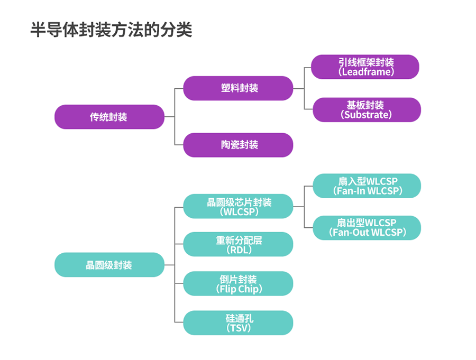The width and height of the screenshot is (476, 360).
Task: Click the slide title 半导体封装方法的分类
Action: pyautogui.click(x=111, y=30)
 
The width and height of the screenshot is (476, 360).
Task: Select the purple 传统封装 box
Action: pyautogui.click(x=109, y=117)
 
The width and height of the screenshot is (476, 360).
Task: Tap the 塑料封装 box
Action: pyautogui.click(x=238, y=88)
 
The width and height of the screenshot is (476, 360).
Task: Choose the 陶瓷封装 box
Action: pyautogui.click(x=238, y=145)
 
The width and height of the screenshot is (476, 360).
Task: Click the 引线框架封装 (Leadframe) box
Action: pyautogui.click(x=365, y=67)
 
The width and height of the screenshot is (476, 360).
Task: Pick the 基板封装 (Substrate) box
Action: pyautogui.click(x=367, y=110)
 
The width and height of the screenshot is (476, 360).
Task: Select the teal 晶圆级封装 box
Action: pyautogui.click(x=109, y=265)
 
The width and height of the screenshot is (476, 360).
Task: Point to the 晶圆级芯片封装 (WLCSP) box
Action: pyautogui.click(x=238, y=206)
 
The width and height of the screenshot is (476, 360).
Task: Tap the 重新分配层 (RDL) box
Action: pyautogui.click(x=238, y=244)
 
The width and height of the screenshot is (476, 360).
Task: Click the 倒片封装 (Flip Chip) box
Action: pyautogui.click(x=238, y=283)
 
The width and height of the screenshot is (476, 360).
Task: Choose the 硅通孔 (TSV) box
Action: pyautogui.click(x=238, y=322)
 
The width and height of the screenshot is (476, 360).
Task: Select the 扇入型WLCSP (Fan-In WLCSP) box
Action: pyautogui.click(x=367, y=186)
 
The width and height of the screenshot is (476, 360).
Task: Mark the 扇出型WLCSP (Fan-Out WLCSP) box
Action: pyautogui.click(x=367, y=227)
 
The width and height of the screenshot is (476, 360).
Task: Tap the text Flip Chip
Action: pyautogui.click(x=239, y=289)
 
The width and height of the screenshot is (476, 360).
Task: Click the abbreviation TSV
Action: pyautogui.click(x=239, y=328)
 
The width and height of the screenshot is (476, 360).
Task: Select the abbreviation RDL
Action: pyautogui.click(x=239, y=250)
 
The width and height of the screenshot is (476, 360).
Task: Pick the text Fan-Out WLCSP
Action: pyautogui.click(x=367, y=232)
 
